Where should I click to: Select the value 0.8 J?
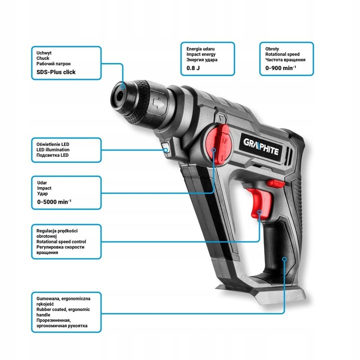click(192, 67)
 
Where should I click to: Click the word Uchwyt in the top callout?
click(44, 52)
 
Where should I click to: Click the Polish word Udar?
click(42, 181)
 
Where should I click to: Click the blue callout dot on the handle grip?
click(284, 259)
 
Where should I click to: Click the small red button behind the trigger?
click(274, 184)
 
